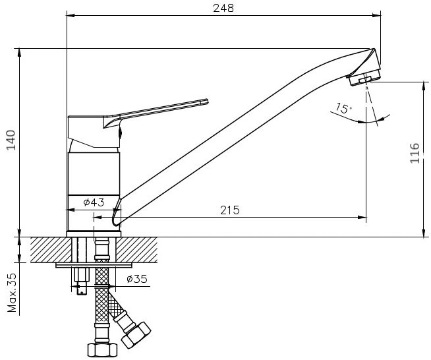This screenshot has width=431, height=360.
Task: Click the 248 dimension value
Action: click(223, 9)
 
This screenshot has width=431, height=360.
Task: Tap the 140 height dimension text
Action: click(11, 140)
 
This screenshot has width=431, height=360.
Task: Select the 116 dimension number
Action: click(415, 153)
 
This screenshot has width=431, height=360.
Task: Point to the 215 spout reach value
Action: click(230, 210)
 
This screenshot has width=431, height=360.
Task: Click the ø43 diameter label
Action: click(94, 202)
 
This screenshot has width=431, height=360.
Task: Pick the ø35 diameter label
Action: click(137, 279)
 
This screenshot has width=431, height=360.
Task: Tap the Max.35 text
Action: click(12, 293)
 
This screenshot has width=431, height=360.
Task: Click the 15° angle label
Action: click(343, 108)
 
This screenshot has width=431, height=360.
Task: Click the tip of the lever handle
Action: click(208, 101)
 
